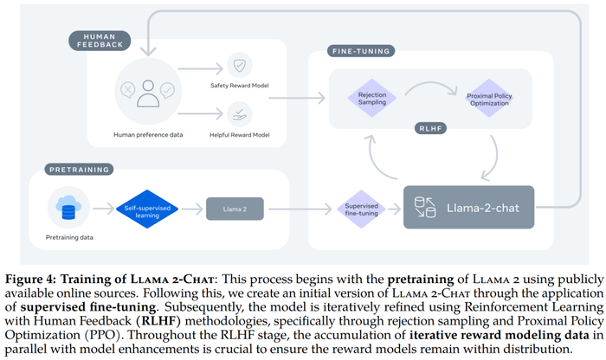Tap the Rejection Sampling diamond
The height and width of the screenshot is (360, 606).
click(x=367, y=97)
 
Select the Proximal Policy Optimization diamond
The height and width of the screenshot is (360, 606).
click(x=491, y=97)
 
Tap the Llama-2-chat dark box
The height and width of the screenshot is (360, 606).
click(x=467, y=208)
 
